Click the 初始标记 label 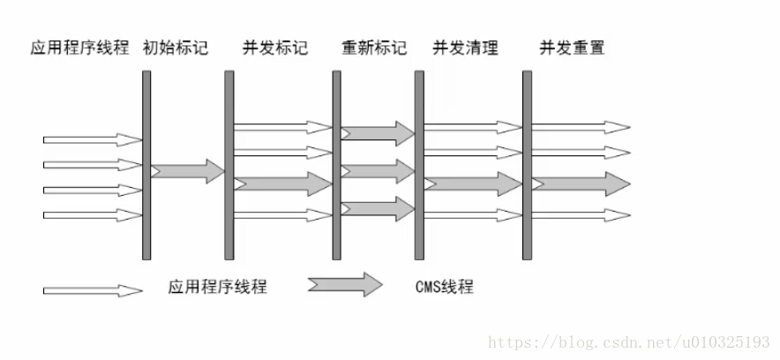[x=175, y=48]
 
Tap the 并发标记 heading [x=275, y=48]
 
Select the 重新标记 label [x=374, y=48]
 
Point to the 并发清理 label [x=465, y=48]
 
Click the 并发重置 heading [x=573, y=48]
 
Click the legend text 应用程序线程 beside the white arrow [x=217, y=286]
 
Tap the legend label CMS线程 [x=443, y=286]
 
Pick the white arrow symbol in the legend [x=93, y=289]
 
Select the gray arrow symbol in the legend [x=345, y=284]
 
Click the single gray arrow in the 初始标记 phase [x=188, y=170]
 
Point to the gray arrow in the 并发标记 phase [x=282, y=184]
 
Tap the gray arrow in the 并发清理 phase [x=473, y=184]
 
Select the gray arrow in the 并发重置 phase [x=581, y=184]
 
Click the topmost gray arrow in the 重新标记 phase [x=378, y=133]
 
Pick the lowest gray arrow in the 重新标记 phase [x=378, y=208]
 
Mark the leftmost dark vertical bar [x=146, y=165]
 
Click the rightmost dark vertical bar [x=527, y=165]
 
